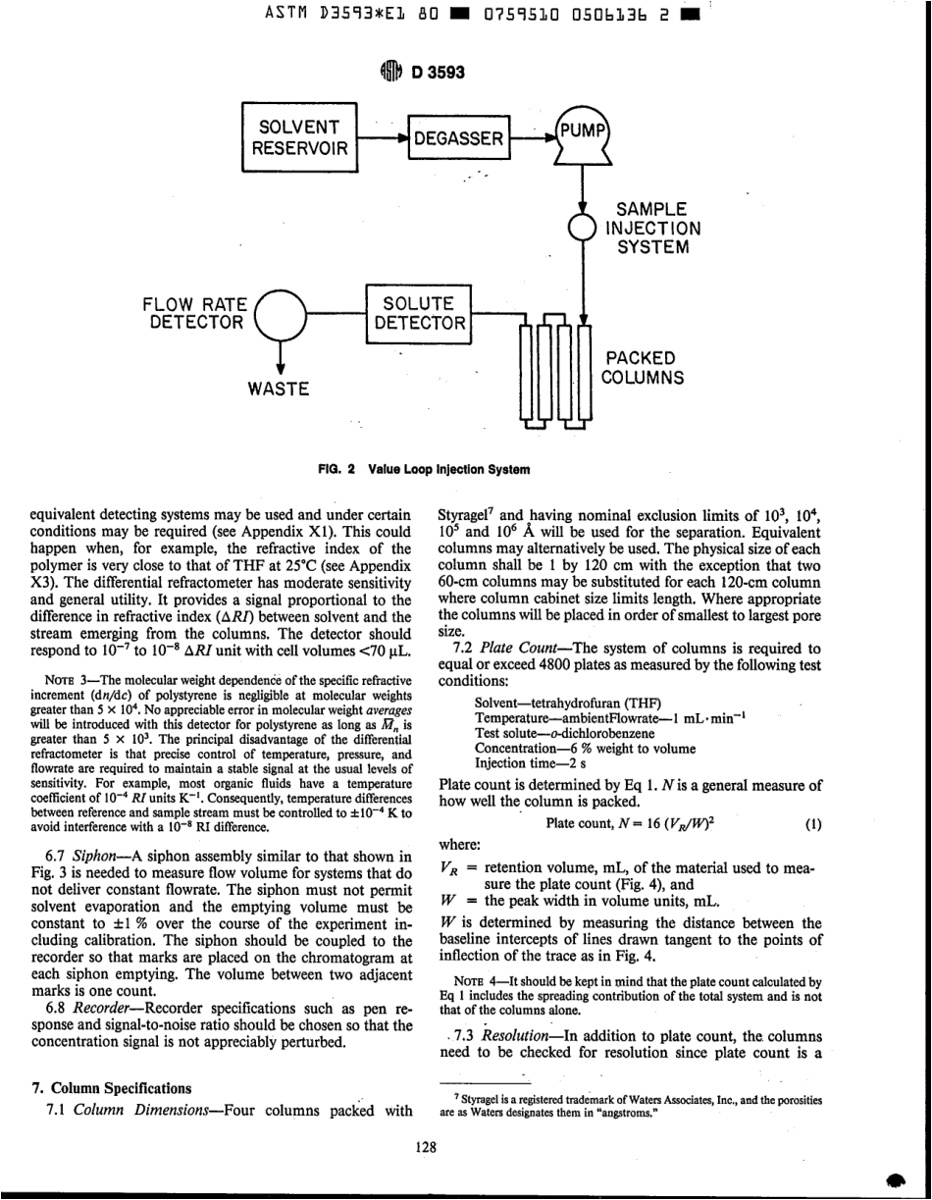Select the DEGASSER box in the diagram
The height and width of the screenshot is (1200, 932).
(457, 140)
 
